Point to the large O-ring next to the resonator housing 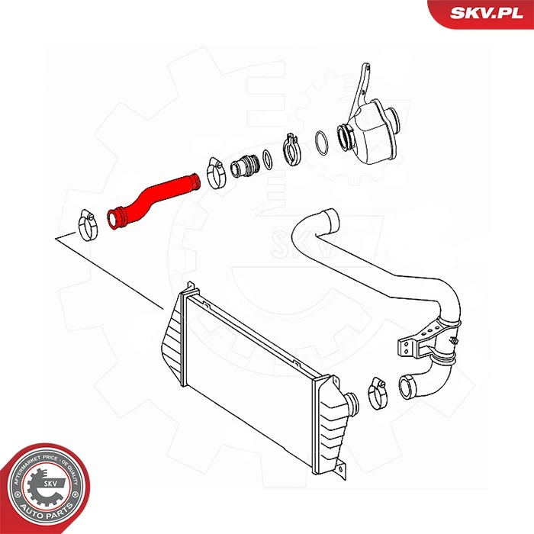[x=323, y=142]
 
